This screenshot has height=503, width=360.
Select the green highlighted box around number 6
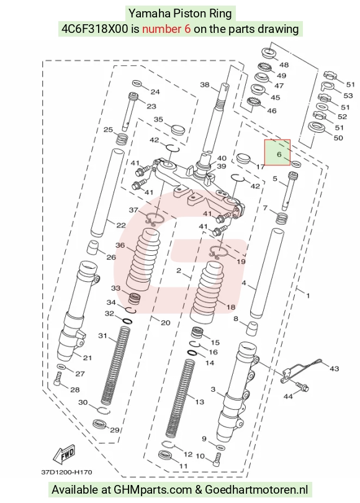coord(277,152)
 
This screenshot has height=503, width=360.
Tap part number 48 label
coord(284,65)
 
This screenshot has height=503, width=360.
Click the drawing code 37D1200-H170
coord(66,472)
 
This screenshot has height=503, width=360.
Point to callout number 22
coord(121,225)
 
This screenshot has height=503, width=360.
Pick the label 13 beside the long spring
coord(199,402)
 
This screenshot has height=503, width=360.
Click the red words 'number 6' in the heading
coord(166,29)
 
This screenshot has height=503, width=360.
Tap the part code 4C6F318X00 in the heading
coord(95,29)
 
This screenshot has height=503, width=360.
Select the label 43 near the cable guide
coord(334,369)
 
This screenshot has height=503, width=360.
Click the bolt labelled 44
coord(301,386)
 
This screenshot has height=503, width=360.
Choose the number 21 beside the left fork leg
coord(87,358)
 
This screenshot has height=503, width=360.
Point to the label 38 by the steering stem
coord(205,84)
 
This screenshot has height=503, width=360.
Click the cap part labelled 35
coord(178,129)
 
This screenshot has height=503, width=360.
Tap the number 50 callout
coord(338,138)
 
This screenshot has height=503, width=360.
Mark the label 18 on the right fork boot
coord(231,307)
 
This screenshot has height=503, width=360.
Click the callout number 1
coord(308,296)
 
